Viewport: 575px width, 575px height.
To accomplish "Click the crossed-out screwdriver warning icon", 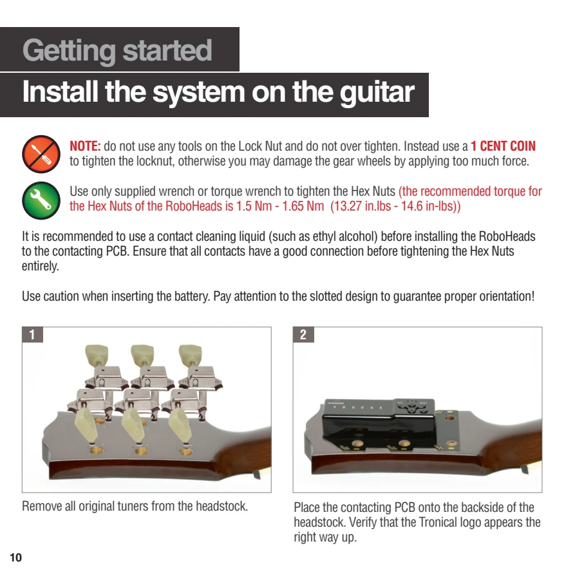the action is [x=41, y=154].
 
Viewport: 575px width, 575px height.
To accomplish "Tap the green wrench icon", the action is [x=41, y=200].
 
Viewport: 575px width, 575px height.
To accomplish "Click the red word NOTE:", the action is [x=85, y=146].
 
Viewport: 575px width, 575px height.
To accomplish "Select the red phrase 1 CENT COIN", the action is [x=503, y=146].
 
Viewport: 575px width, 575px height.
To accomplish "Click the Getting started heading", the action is [x=117, y=50].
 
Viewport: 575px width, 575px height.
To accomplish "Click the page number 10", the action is [x=15, y=558].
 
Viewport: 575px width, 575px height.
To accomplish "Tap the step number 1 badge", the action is [x=32, y=334].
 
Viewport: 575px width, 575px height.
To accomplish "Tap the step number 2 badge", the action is [x=303, y=334].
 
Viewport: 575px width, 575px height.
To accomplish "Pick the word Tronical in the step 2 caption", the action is [x=436, y=522].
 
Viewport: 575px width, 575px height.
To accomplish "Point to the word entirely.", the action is [x=41, y=266].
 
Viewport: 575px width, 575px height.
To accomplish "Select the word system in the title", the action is [x=199, y=93].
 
